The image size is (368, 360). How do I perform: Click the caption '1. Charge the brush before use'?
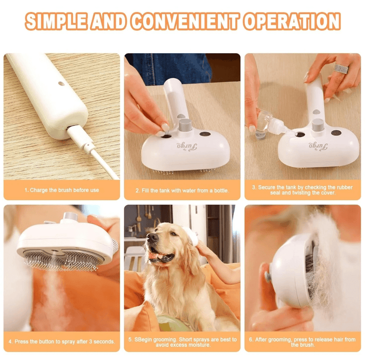pyautogui.click(x=62, y=190)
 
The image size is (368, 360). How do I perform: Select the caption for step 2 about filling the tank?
pyautogui.click(x=182, y=190)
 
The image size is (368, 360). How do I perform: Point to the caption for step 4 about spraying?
pyautogui.click(x=62, y=342)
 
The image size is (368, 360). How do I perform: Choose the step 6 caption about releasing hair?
pyautogui.click(x=303, y=342)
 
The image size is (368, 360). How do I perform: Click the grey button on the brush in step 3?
pyautogui.click(x=317, y=125)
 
